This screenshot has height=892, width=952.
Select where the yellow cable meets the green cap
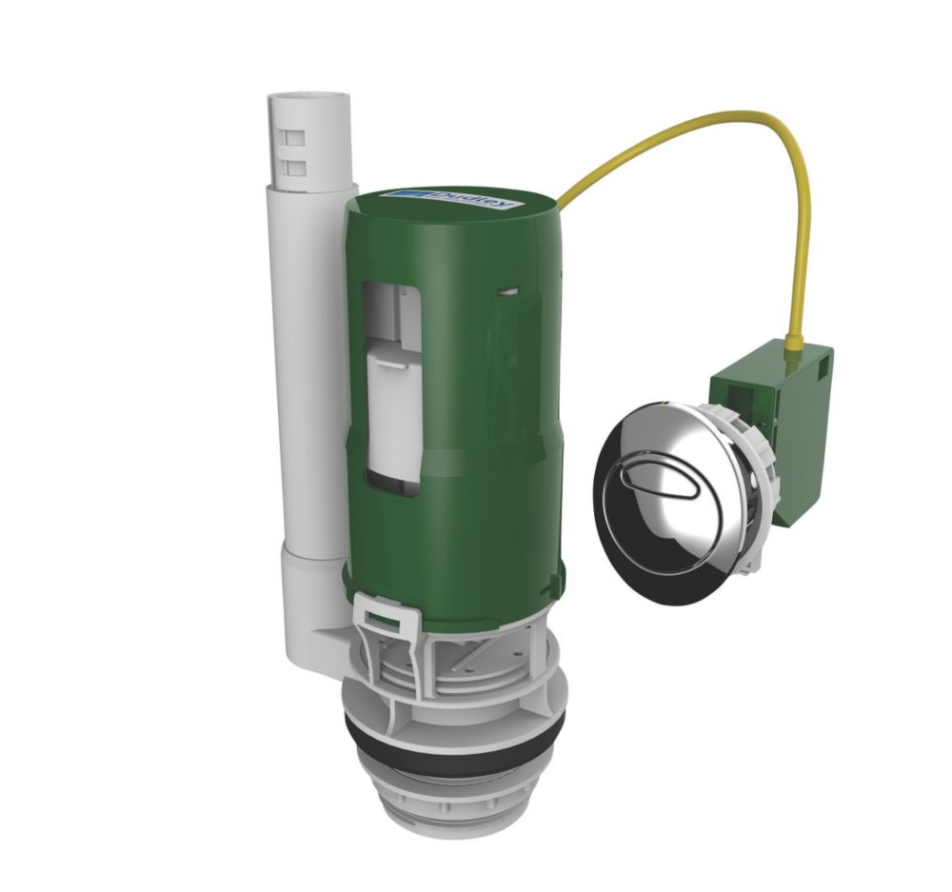[x=561, y=203]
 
